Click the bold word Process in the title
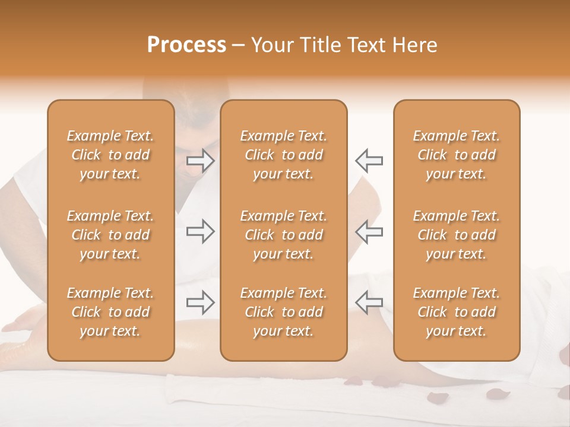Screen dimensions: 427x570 pyautogui.click(x=186, y=45)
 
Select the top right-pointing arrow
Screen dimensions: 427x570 pyautogui.click(x=200, y=160)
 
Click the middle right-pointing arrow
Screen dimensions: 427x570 pyautogui.click(x=200, y=231)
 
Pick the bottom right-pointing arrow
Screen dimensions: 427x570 pyautogui.click(x=200, y=302)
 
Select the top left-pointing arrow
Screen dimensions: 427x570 pyautogui.click(x=369, y=160)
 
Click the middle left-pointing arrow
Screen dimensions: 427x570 pyautogui.click(x=369, y=231)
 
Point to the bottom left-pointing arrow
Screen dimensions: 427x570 pyautogui.click(x=369, y=302)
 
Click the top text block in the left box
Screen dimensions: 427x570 pyautogui.click(x=110, y=155)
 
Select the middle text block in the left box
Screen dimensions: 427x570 pyautogui.click(x=110, y=235)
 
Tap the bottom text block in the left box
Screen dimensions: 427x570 pyautogui.click(x=110, y=312)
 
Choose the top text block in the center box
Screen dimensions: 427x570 pyautogui.click(x=283, y=155)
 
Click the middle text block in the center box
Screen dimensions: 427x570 pyautogui.click(x=283, y=235)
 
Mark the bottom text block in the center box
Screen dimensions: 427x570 pyautogui.click(x=283, y=312)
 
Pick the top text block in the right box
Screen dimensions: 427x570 pyautogui.click(x=456, y=155)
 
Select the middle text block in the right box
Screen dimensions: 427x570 pyautogui.click(x=456, y=235)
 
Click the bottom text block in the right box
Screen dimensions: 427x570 pyautogui.click(x=456, y=312)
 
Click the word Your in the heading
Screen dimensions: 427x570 pyautogui.click(x=271, y=45)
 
